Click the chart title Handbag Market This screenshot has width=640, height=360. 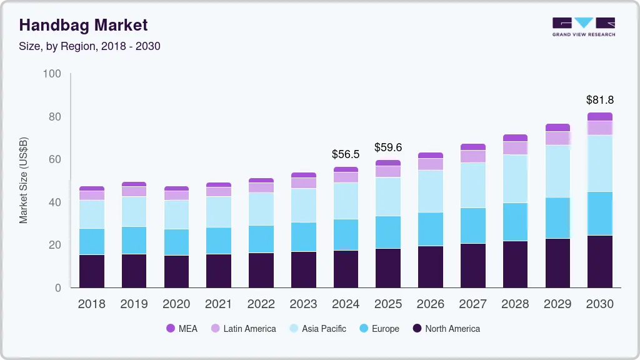click(x=83, y=25)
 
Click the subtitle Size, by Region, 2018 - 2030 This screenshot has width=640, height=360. click(x=89, y=46)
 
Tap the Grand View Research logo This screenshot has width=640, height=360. click(x=583, y=26)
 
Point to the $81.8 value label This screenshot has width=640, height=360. click(x=599, y=99)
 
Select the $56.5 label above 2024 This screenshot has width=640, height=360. click(x=345, y=154)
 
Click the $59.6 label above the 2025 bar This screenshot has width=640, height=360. click(x=387, y=147)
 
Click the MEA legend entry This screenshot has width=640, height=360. click(x=182, y=328)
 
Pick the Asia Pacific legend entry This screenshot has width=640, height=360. click(x=317, y=328)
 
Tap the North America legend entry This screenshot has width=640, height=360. click(x=446, y=328)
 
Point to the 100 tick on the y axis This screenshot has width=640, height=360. click(x=52, y=74)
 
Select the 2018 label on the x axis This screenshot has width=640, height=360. click(x=91, y=304)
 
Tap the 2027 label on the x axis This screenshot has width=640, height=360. click(x=472, y=304)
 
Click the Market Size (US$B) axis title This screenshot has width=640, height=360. click(x=24, y=180)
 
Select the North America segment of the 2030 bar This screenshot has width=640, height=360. click(x=599, y=261)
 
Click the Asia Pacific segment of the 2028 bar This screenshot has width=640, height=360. click(x=515, y=179)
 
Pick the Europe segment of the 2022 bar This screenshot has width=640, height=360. click(x=261, y=239)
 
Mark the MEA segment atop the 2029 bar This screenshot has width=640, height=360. click(x=557, y=127)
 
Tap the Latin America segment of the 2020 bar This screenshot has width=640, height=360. click(x=176, y=195)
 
